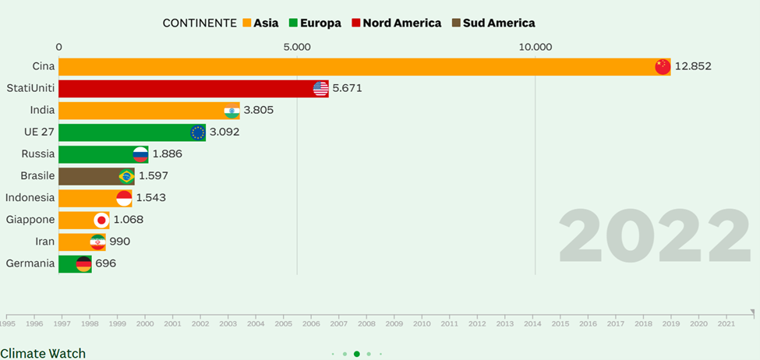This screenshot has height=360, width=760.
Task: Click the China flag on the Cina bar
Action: tap(663, 66)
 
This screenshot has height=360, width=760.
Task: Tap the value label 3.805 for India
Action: tap(258, 110)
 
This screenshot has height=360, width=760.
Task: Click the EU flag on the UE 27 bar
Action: tap(197, 132)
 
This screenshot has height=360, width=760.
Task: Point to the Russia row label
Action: tap(38, 154)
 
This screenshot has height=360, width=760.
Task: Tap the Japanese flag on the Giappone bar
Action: tap(101, 220)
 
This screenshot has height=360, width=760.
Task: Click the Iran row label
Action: tap(45, 242)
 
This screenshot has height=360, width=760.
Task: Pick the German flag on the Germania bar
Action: tap(83, 263)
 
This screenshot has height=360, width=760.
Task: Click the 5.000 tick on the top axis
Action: tap(297, 47)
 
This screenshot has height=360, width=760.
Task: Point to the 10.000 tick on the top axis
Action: tap(536, 47)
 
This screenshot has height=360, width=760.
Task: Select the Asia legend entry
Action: tap(260, 23)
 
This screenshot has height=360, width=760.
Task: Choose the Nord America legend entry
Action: tap(397, 23)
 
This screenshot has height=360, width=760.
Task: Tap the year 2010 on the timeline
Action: tap(422, 323)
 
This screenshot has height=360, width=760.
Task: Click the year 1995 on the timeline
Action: tap(7, 323)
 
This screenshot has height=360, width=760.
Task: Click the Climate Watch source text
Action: tap(43, 353)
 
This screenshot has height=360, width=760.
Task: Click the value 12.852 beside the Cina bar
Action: tap(693, 66)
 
